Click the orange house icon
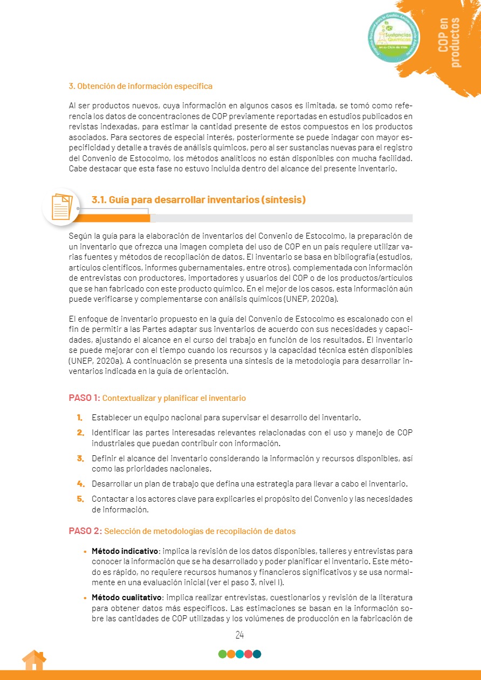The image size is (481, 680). [x=33, y=661]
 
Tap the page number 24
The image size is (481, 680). [x=240, y=635]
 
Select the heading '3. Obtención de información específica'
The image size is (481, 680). [x=140, y=86]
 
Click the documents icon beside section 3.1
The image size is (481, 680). [x=61, y=206]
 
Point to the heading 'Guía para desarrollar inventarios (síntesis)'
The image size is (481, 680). [x=207, y=200]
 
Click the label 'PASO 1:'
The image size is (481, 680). [x=84, y=398]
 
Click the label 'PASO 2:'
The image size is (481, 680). [x=85, y=531]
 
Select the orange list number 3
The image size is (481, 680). [x=80, y=459]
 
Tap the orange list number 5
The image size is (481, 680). [x=80, y=498]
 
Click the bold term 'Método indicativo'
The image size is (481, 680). [x=125, y=551]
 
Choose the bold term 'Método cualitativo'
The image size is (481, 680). [x=126, y=598]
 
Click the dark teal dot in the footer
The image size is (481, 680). [x=257, y=654]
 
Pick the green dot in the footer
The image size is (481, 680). [x=222, y=654]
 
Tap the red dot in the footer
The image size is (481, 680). [x=249, y=654]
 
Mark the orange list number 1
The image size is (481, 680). [x=79, y=418]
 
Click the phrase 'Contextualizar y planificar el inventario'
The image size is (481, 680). [x=174, y=398]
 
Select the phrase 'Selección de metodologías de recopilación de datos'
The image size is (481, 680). [x=200, y=531]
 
